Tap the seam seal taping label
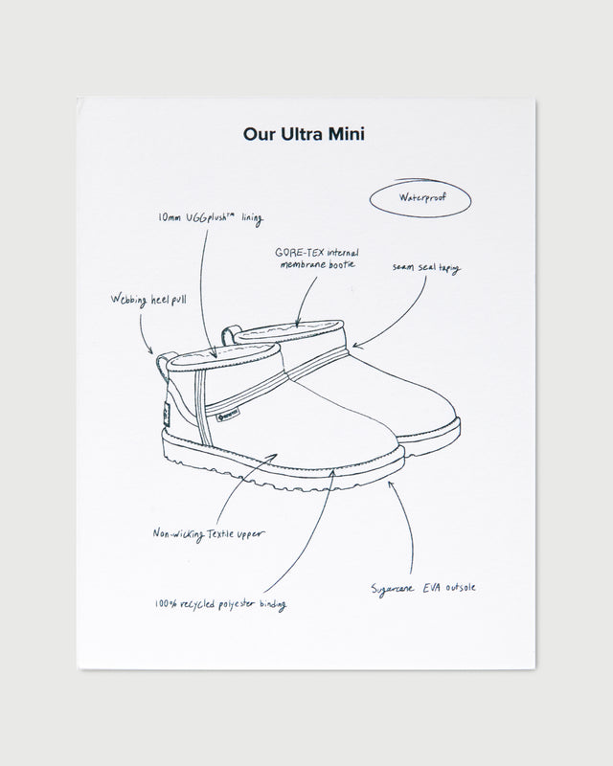426,269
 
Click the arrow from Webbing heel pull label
146,335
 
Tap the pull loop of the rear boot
231,334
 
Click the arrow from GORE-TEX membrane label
299,306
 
